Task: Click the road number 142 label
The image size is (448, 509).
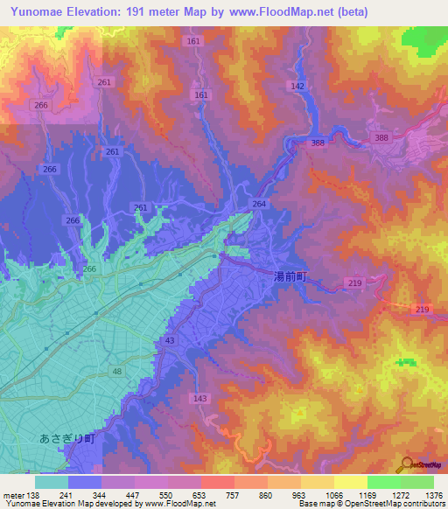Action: click(297, 86)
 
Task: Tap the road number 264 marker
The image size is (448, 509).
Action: click(258, 204)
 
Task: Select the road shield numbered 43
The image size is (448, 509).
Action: click(169, 339)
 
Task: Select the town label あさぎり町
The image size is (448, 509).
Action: click(66, 439)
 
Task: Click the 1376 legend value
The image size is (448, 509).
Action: click(433, 494)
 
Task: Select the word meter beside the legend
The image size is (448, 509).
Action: click(10, 494)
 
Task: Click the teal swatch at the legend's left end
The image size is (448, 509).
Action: click(52, 481)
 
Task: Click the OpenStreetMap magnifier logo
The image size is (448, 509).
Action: click(408, 463)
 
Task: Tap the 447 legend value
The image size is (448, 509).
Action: click(133, 494)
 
